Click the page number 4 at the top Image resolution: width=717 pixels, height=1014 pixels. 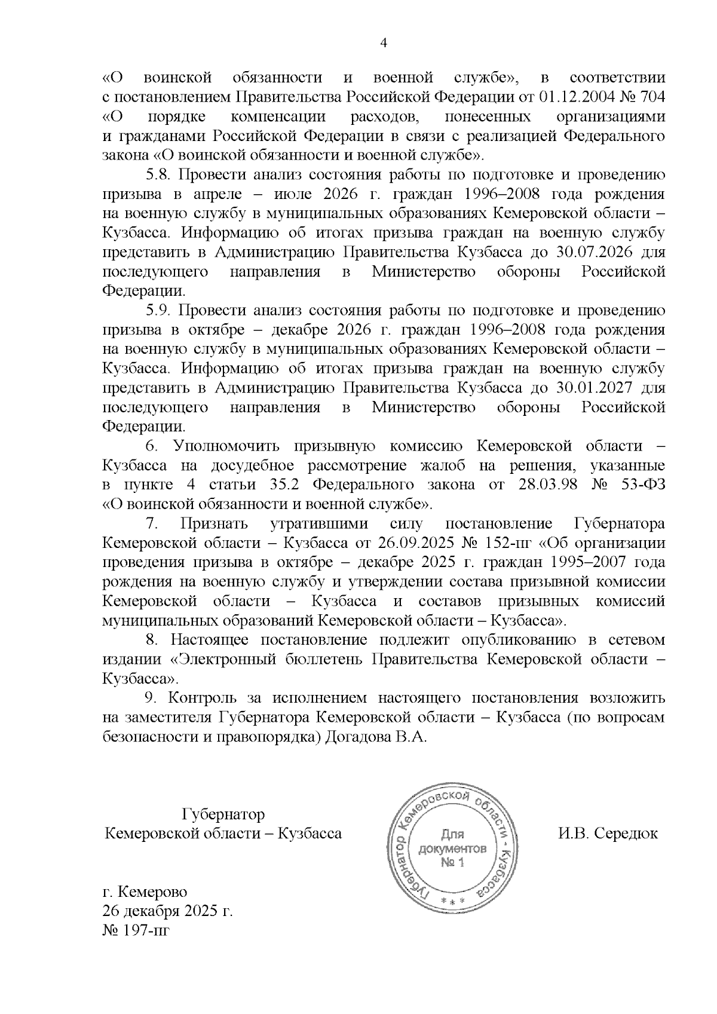384,43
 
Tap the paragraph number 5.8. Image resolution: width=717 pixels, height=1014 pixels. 159,175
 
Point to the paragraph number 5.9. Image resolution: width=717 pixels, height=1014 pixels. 159,311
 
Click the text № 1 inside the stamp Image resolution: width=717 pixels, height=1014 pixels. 452,863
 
